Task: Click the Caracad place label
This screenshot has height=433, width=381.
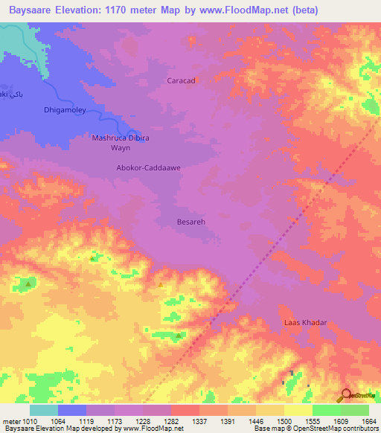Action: (x=181, y=80)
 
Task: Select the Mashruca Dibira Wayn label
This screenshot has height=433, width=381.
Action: (x=121, y=143)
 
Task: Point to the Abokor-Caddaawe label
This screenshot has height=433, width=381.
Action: (x=149, y=168)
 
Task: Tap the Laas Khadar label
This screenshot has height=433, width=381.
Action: (x=306, y=323)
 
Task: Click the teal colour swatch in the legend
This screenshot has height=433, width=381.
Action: (x=44, y=410)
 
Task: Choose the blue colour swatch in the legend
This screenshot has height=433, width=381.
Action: (x=72, y=410)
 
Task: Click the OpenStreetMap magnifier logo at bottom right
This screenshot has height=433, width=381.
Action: (x=346, y=395)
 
